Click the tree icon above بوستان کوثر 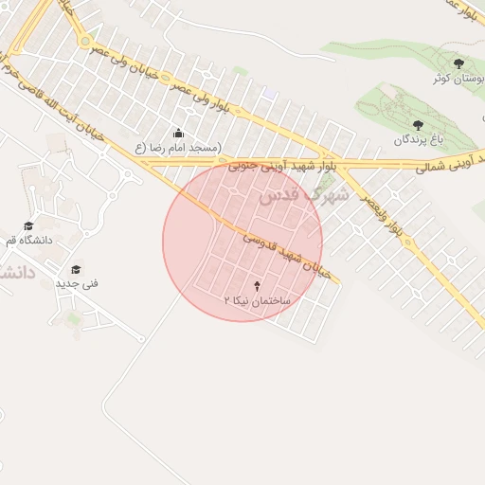pyautogui.click(x=459, y=64)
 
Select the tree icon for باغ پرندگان pyautogui.click(x=418, y=125)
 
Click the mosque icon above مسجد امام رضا pyautogui.click(x=178, y=133)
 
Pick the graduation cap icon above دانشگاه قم pyautogui.click(x=28, y=225)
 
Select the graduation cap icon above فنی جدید pyautogui.click(x=76, y=268)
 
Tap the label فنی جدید pyautogui.click(x=77, y=283)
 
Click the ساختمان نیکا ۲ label pyautogui.click(x=260, y=298)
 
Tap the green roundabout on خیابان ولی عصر pyautogui.click(x=85, y=42)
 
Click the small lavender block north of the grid pyautogui.click(x=270, y=94)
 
